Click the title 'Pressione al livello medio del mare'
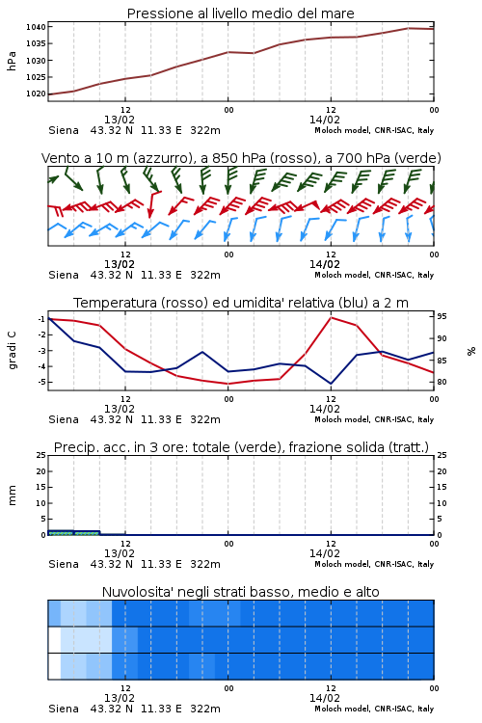pyautogui.click(x=240, y=13)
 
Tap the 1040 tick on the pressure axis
pyautogui.click(x=36, y=27)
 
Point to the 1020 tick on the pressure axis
pyautogui.click(x=36, y=94)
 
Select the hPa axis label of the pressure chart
pyautogui.click(x=12, y=61)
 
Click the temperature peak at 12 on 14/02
pyautogui.click(x=332, y=317)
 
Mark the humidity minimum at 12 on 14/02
pyautogui.click(x=332, y=383)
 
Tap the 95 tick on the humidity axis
pyautogui.click(x=442, y=316)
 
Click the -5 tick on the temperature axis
pyautogui.click(x=40, y=382)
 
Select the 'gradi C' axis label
pyautogui.click(x=12, y=351)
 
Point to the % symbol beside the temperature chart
pyautogui.click(x=471, y=351)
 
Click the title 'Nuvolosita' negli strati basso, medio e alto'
pyautogui.click(x=240, y=592)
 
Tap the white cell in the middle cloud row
pyautogui.click(x=54, y=639)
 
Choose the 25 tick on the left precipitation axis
pyautogui.click(x=41, y=455)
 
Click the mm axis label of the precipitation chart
pyautogui.click(x=12, y=495)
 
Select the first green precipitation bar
pyautogui.click(x=61, y=532)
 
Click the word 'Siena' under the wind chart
pyautogui.click(x=64, y=275)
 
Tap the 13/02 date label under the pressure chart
pyautogui.click(x=120, y=120)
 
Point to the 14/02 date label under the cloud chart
pyautogui.click(x=325, y=698)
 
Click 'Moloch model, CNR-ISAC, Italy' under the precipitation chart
pyautogui.click(x=374, y=564)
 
